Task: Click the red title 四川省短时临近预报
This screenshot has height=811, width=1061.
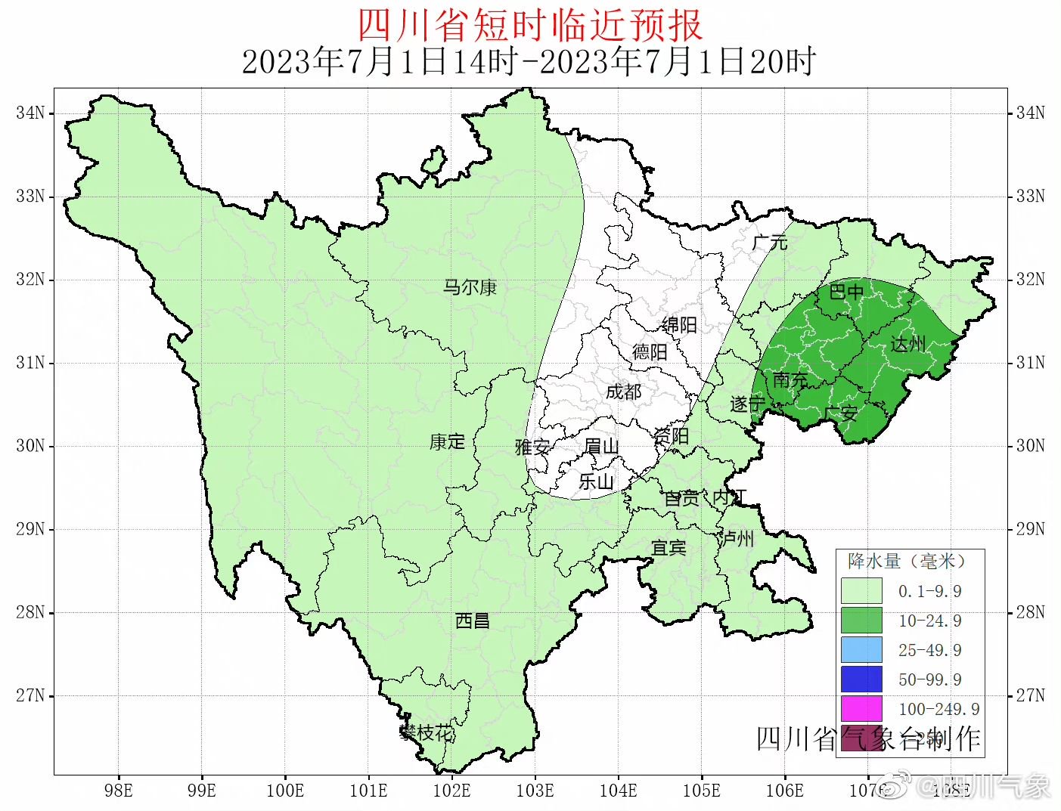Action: click(x=529, y=25)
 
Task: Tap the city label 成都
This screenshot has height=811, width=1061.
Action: click(x=623, y=392)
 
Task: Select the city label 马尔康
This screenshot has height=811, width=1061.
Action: click(x=470, y=287)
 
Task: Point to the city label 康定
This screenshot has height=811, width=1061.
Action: click(x=447, y=441)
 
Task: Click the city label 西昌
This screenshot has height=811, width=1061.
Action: click(x=473, y=621)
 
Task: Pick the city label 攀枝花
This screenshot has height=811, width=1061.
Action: click(x=427, y=732)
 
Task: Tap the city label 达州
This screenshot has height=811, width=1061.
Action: click(x=907, y=344)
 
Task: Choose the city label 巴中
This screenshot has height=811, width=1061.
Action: click(x=846, y=291)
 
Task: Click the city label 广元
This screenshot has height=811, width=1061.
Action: click(x=770, y=243)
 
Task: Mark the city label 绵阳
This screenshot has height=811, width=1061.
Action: click(x=678, y=325)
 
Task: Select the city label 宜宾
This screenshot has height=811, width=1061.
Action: click(x=669, y=547)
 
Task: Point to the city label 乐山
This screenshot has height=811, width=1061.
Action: click(x=596, y=481)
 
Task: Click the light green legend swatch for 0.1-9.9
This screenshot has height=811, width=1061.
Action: click(x=861, y=591)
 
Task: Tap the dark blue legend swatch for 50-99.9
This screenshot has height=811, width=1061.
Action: click(x=861, y=679)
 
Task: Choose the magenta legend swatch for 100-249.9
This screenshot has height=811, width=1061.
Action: click(x=861, y=709)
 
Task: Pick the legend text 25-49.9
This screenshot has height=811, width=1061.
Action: click(x=929, y=650)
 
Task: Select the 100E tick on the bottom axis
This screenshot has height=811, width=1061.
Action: click(x=285, y=791)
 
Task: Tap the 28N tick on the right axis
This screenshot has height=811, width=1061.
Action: click(x=1030, y=612)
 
